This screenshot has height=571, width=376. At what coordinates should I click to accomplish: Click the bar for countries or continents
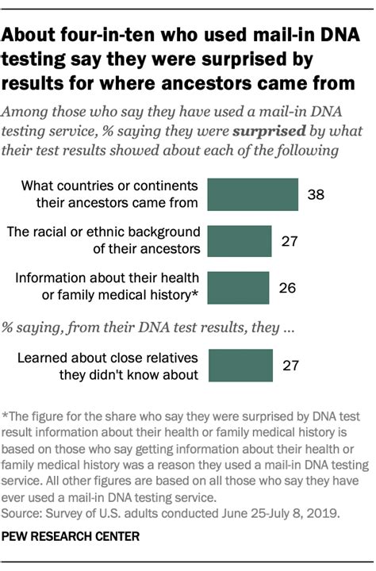tap(252, 194)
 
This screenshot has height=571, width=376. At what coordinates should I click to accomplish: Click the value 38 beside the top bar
tap(316, 194)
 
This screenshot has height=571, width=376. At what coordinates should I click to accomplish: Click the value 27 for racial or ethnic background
tap(290, 240)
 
